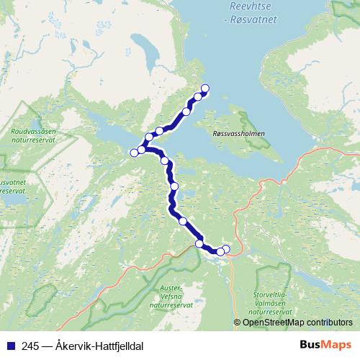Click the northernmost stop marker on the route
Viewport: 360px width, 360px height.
pos(204,89)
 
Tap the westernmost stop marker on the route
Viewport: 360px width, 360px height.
pos(133,152)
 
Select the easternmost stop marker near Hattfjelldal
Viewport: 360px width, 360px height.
pos(226,249)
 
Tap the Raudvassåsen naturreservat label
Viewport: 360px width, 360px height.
pos(38,136)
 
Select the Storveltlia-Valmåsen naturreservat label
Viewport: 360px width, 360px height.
pos(271,303)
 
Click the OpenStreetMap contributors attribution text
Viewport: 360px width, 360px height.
pos(297,322)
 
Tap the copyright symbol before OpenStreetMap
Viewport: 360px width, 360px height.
pos(238,322)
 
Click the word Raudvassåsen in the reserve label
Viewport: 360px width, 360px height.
pos(38,132)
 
